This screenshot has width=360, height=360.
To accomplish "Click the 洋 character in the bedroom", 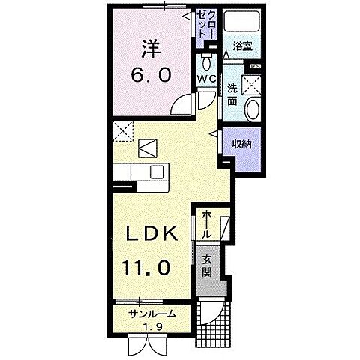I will (153, 49).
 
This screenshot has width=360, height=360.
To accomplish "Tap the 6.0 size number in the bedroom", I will (153, 75).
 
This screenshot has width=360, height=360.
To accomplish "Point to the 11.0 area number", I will (148, 266).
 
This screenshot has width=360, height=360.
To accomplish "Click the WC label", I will (207, 78).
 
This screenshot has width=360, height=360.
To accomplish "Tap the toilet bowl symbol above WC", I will (207, 61).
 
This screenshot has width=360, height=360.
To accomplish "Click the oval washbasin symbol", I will (252, 109).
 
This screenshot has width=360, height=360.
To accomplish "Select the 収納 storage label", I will (241, 142).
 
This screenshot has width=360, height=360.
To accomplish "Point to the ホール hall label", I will (205, 224).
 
